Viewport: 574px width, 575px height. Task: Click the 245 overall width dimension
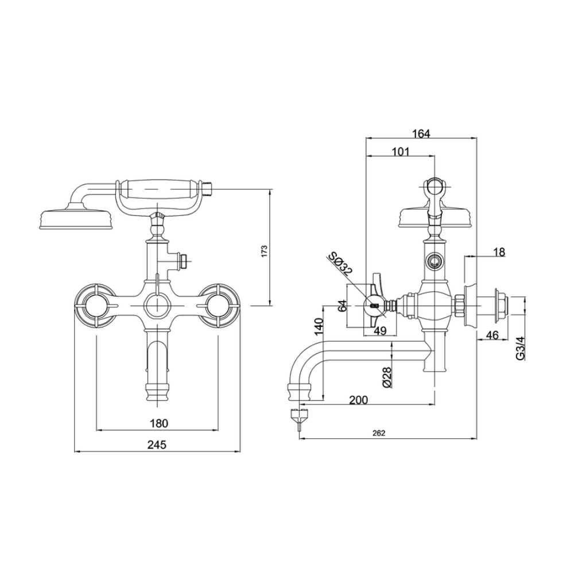pyautogui.click(x=157, y=445)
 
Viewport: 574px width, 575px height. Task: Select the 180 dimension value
pyautogui.click(x=159, y=423)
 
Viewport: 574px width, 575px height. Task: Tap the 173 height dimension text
pyautogui.click(x=265, y=251)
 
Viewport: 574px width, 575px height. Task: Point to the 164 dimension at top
pyautogui.click(x=421, y=134)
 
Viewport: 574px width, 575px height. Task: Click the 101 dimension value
pyautogui.click(x=401, y=152)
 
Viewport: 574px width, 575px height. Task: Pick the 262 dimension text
pyautogui.click(x=379, y=434)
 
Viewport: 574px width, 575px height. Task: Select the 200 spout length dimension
pyautogui.click(x=358, y=400)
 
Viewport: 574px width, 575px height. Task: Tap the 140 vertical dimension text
pyautogui.click(x=319, y=326)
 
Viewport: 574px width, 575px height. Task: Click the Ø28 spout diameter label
pyautogui.click(x=387, y=377)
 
